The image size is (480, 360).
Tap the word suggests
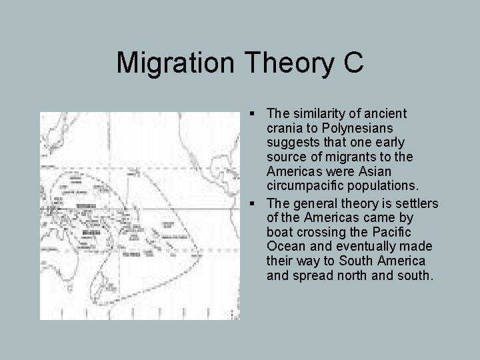tap(291, 142)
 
